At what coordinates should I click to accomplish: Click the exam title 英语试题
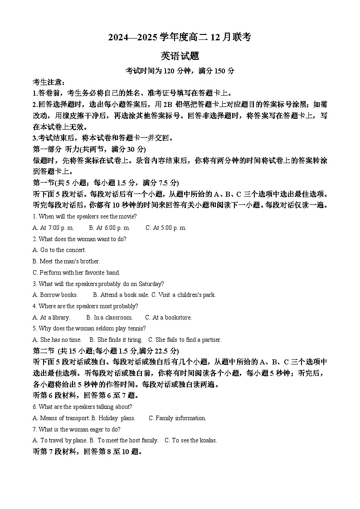pos(180,56)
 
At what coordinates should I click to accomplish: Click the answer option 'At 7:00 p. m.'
pos(57,228)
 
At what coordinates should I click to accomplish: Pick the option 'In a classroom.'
pos(113,318)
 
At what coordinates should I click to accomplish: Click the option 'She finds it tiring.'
pos(120,340)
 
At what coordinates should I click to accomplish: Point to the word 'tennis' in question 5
pos(137,329)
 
